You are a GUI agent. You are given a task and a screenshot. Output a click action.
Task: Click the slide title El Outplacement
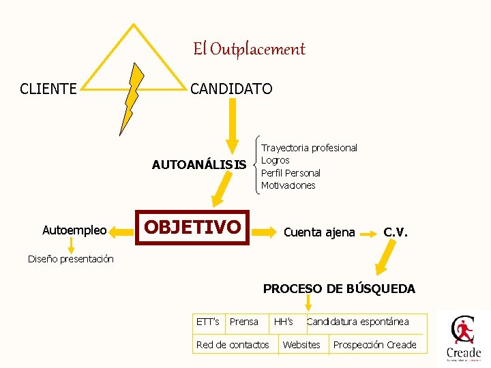(249, 49)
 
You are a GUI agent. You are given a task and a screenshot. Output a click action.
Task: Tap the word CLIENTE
(48, 89)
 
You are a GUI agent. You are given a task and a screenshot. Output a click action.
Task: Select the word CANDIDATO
(231, 89)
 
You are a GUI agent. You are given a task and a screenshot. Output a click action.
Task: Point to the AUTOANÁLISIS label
(198, 164)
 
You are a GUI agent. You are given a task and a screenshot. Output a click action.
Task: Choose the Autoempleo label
(74, 230)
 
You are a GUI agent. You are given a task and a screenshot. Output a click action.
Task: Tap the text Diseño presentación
(71, 258)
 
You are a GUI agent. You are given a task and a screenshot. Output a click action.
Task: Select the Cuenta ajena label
(319, 232)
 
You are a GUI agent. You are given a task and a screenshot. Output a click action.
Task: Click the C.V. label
(396, 232)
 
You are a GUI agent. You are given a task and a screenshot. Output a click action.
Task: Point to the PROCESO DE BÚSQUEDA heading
(339, 289)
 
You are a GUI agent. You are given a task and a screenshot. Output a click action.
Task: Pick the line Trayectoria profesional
(309, 148)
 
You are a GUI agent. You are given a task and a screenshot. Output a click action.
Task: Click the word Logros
(276, 160)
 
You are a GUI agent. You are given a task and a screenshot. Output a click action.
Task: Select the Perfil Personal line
(291, 173)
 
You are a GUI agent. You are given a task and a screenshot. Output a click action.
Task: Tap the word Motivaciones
(288, 185)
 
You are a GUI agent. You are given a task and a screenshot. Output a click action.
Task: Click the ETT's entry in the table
(207, 322)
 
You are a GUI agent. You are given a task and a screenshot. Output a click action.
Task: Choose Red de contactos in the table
(233, 345)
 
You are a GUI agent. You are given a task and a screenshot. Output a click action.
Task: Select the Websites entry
(301, 345)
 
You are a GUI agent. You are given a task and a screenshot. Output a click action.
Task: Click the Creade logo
(464, 338)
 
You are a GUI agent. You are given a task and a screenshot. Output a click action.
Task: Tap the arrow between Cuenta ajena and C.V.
(369, 233)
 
